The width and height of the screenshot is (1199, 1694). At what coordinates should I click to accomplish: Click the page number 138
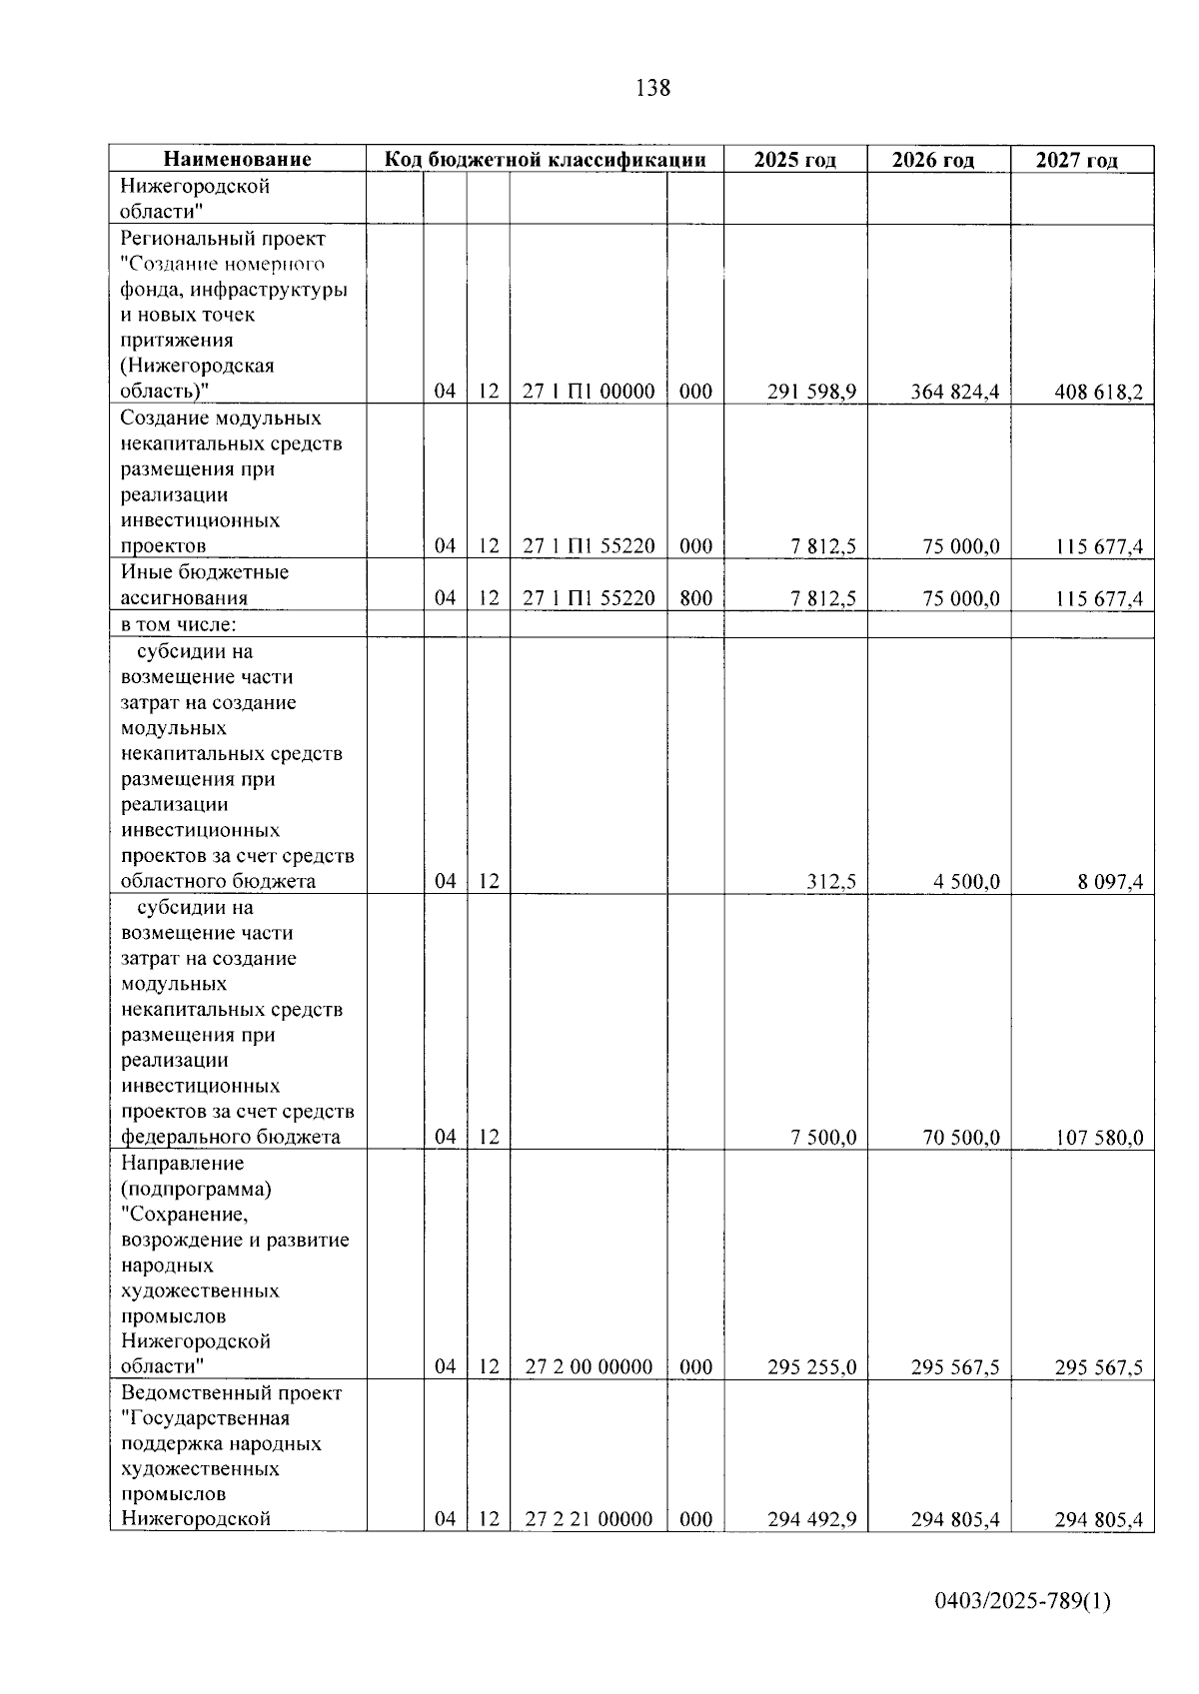(x=652, y=88)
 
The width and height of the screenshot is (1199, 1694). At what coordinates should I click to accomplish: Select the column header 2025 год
(x=794, y=160)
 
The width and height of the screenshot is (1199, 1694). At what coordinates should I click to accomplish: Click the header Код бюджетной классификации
(x=546, y=160)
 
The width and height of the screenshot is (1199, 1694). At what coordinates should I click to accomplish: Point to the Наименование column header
(x=237, y=160)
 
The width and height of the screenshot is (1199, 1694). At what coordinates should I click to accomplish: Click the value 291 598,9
(x=811, y=392)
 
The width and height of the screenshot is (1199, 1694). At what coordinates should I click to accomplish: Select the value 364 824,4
(x=954, y=392)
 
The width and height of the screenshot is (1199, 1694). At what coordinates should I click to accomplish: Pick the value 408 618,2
(x=1098, y=392)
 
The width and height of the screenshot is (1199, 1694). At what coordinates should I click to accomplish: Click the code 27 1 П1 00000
(x=589, y=392)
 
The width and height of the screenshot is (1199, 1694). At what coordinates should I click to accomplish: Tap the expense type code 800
(x=695, y=598)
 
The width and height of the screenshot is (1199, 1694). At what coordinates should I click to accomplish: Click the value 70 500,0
(x=961, y=1138)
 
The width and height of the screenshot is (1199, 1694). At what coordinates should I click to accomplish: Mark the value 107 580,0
(x=1099, y=1138)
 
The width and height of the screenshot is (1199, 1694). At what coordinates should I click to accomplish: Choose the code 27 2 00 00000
(x=589, y=1367)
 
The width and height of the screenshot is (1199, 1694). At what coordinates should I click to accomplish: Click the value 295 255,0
(x=811, y=1367)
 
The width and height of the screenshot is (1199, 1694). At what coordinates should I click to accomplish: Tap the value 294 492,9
(x=811, y=1520)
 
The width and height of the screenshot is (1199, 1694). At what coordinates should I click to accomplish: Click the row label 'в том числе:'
(x=179, y=625)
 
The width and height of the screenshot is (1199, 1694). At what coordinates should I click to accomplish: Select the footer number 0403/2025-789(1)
(x=1022, y=1602)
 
